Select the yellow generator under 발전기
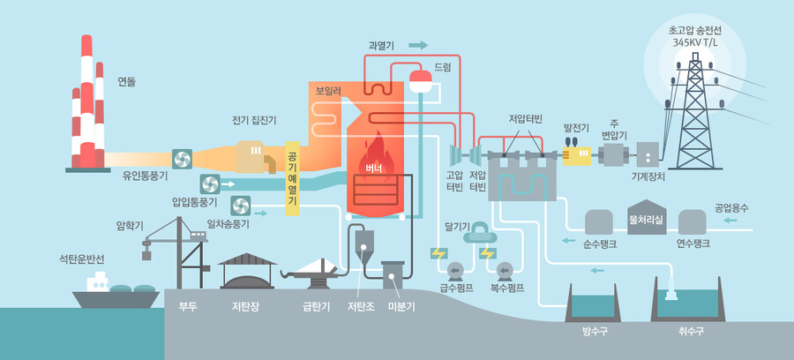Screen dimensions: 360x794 click(x=579, y=154)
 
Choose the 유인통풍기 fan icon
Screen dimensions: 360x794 click(x=182, y=159)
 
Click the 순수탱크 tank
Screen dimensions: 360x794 click(x=599, y=221)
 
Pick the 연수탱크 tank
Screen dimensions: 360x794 click(x=693, y=221)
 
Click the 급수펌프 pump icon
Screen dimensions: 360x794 click(x=457, y=269)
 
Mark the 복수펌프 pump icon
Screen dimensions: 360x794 click(x=506, y=269)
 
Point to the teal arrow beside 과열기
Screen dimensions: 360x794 click(x=417, y=44)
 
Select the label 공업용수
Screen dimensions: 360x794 click(x=731, y=208)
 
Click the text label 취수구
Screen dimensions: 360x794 click(x=691, y=331)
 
